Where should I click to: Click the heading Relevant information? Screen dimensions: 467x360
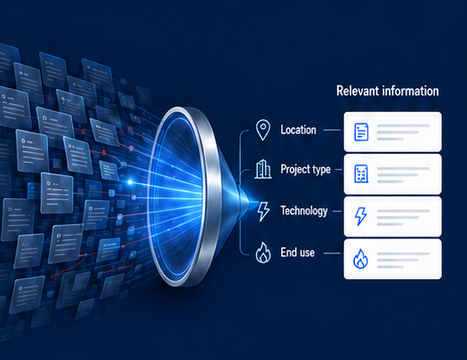(388, 91)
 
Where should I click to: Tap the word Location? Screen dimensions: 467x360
(298, 130)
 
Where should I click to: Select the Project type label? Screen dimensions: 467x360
(306, 169)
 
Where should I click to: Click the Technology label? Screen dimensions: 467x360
(304, 211)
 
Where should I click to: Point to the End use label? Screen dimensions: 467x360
(297, 252)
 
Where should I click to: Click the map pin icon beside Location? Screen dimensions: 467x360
(263, 130)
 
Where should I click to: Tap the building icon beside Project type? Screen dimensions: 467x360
(263, 169)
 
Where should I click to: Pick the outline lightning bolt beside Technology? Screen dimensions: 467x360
(263, 212)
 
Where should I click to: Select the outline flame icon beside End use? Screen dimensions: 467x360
(263, 252)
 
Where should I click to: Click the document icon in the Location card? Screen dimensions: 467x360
(361, 132)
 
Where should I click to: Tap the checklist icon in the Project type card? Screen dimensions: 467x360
(361, 173)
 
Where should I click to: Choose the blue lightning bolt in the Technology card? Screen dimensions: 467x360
(360, 216)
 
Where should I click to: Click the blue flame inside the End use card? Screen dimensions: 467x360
(360, 259)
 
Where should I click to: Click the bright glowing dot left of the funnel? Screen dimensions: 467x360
(130, 182)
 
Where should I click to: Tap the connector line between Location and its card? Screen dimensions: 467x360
(332, 130)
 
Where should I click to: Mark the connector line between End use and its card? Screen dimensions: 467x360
(332, 253)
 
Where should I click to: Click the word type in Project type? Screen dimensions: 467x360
(319, 170)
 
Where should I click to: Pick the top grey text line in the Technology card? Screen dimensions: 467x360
(403, 211)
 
